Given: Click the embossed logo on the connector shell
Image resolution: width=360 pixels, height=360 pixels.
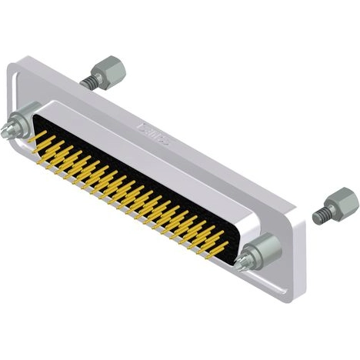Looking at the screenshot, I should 153,132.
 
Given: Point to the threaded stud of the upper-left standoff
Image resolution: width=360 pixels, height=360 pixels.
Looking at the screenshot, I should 87,78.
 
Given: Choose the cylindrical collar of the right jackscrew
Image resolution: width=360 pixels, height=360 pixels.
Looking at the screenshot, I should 261,248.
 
